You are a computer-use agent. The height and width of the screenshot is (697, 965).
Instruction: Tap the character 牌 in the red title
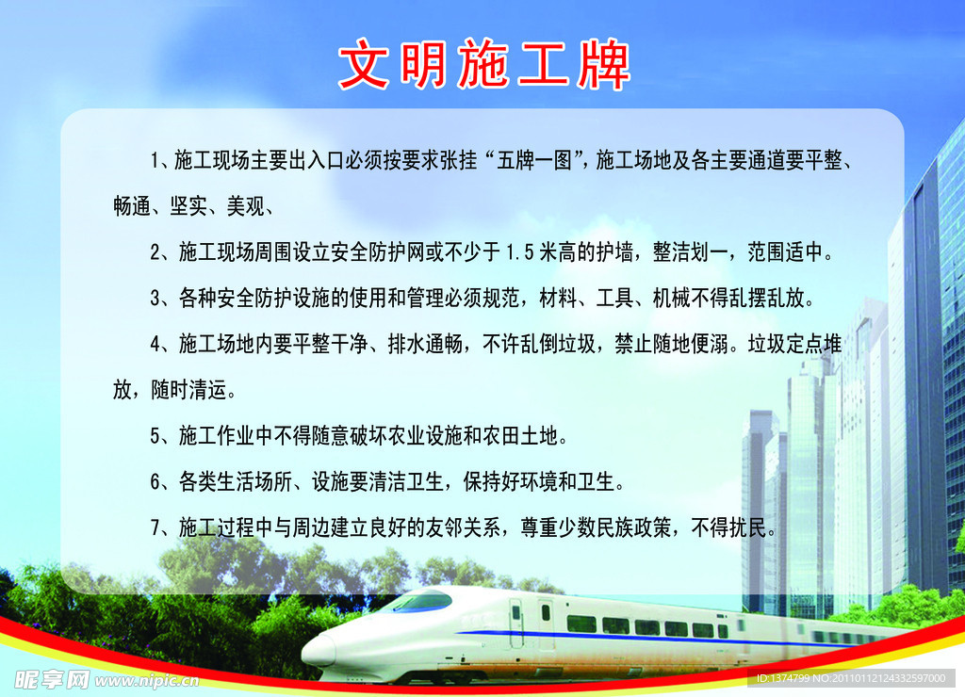tap(603, 64)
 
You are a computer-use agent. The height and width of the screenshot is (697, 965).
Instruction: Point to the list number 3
tap(155, 299)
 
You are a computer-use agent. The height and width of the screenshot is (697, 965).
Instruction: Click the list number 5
tap(155, 436)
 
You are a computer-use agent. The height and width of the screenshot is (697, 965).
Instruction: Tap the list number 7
tap(155, 527)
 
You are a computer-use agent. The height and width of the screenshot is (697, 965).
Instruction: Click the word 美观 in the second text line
tap(246, 206)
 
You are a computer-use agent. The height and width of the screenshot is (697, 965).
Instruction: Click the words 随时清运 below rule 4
tap(188, 390)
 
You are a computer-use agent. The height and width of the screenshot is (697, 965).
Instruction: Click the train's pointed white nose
tap(314, 651)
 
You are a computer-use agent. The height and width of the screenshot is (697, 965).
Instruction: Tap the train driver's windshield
tap(418, 601)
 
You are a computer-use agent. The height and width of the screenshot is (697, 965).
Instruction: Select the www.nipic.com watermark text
tap(146, 680)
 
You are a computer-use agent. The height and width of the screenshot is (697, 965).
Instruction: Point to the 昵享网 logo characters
tap(52, 679)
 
